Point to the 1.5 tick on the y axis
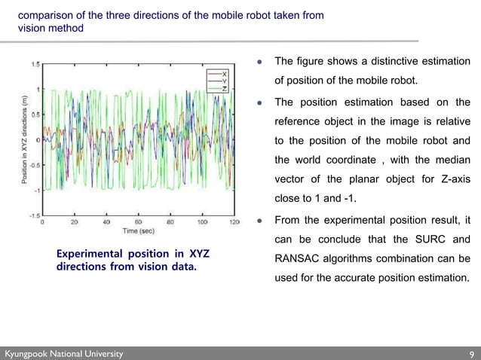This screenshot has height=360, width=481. pyautogui.click(x=35, y=65)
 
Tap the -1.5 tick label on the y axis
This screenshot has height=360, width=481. pyautogui.click(x=34, y=215)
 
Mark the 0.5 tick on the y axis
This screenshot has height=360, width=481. pyautogui.click(x=35, y=115)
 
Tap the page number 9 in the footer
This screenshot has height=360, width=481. pyautogui.click(x=470, y=353)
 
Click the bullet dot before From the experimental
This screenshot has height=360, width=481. pyautogui.click(x=259, y=221)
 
